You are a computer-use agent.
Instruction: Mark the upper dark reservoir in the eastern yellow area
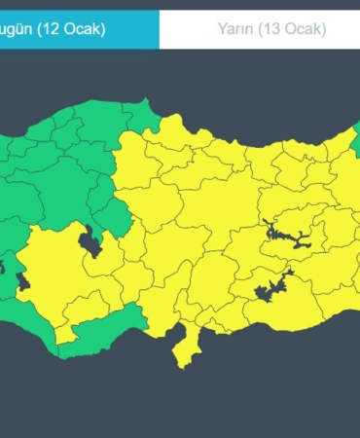pos(276,232)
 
